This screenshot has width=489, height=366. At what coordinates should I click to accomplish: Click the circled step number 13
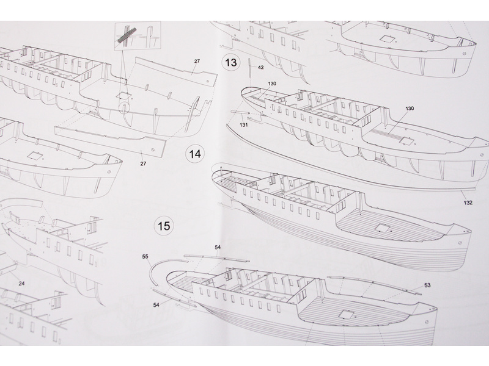(x=231, y=63)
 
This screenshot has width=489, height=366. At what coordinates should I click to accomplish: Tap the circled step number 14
(x=195, y=154)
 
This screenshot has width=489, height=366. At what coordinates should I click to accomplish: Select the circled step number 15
(x=164, y=226)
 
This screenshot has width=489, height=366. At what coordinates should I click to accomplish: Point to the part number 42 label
(x=261, y=67)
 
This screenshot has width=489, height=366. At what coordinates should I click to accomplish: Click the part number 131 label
(x=243, y=125)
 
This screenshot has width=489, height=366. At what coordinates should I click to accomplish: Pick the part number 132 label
(x=468, y=203)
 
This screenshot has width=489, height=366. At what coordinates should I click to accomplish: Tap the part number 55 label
(x=145, y=257)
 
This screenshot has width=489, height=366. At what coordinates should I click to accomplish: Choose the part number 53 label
(x=427, y=285)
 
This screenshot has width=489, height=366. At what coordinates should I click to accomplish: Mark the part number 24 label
(x=21, y=284)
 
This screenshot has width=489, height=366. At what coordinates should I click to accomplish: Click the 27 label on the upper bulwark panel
(x=197, y=62)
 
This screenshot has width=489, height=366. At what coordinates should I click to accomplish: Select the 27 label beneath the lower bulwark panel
(x=143, y=163)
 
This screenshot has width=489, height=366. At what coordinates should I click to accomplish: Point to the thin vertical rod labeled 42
(x=250, y=70)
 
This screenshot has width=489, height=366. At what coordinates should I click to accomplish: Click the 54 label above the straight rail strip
(x=218, y=247)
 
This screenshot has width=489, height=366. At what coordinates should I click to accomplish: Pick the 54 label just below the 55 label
(x=156, y=304)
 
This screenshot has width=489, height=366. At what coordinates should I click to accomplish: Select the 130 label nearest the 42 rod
(x=272, y=84)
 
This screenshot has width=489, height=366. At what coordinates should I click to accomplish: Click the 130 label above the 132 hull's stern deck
(x=410, y=109)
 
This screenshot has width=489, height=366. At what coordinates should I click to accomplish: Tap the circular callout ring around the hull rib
(x=125, y=107)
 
